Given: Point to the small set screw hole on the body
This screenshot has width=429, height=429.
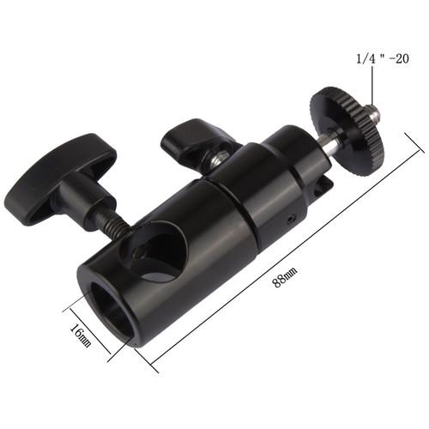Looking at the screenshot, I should [294, 219].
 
